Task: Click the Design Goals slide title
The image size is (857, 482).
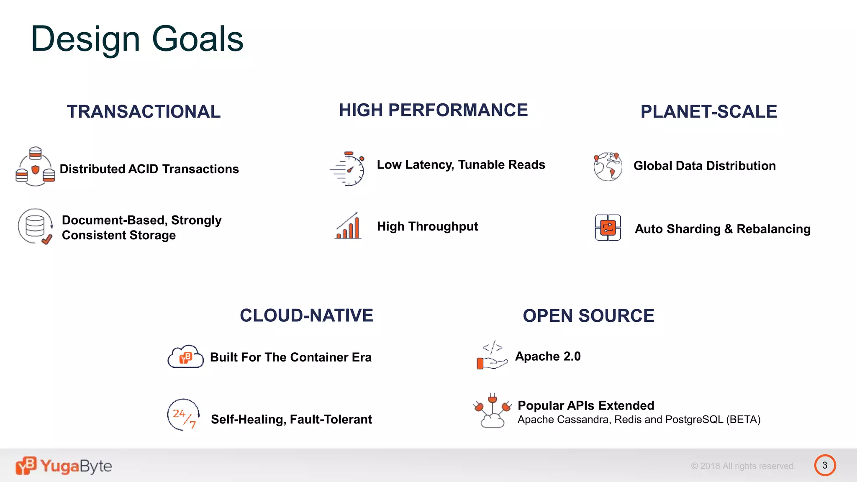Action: point(137,39)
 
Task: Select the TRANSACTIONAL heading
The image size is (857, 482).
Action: point(144,112)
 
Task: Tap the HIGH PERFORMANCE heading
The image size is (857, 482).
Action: point(433,110)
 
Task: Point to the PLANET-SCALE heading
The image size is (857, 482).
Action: point(708,112)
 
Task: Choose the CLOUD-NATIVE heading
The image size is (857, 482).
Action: point(306,315)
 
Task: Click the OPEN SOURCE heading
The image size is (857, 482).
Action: point(588,316)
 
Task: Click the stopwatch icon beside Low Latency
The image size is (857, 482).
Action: point(348,169)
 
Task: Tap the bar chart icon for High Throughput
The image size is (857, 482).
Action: point(348,226)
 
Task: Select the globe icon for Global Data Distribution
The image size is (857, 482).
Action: point(608,167)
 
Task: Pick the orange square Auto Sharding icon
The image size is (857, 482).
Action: point(608,228)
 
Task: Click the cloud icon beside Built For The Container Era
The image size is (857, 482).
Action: point(185,357)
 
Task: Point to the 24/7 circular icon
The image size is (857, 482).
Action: point(183,415)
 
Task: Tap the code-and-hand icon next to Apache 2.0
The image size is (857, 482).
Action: point(492,356)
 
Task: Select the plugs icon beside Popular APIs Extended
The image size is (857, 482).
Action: point(493,411)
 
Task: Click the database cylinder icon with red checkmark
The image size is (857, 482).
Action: point(35,226)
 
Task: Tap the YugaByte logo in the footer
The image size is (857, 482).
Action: point(64,466)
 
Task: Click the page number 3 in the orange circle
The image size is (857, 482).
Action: point(825,465)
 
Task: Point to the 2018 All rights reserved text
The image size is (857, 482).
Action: point(743,466)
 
